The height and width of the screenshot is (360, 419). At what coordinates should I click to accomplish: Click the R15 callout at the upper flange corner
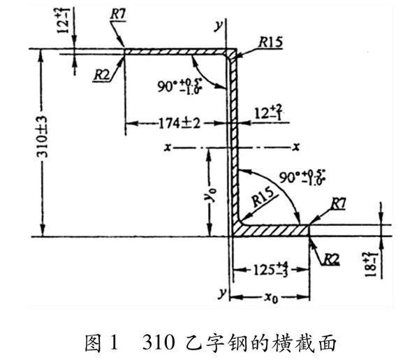269,43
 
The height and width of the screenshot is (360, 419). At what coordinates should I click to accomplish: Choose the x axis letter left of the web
168,147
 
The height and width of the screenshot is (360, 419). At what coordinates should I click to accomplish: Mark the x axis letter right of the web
296,147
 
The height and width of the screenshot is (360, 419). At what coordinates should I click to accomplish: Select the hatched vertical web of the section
234,140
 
